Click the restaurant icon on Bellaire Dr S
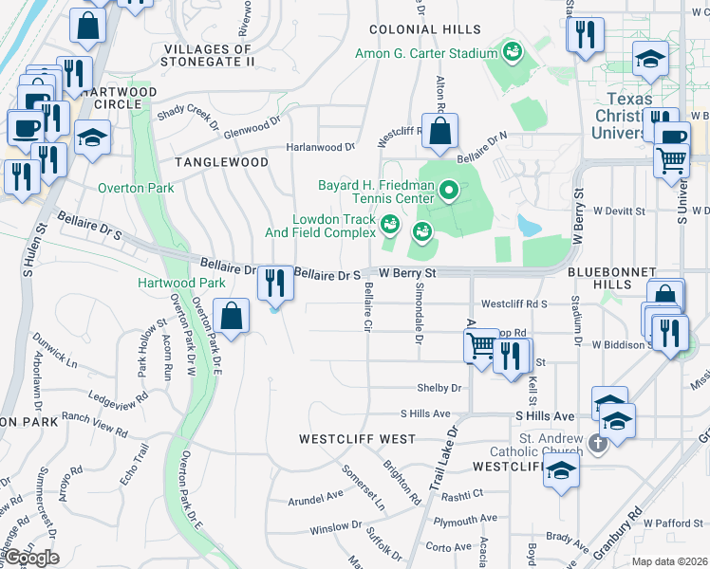click(x=275, y=282)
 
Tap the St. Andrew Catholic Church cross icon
click(x=598, y=443)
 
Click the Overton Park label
click(x=136, y=188)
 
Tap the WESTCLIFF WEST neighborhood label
click(x=357, y=439)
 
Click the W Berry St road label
click(x=406, y=273)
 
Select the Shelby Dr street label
click(x=439, y=388)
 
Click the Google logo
click(x=30, y=558)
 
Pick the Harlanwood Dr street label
click(x=322, y=147)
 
